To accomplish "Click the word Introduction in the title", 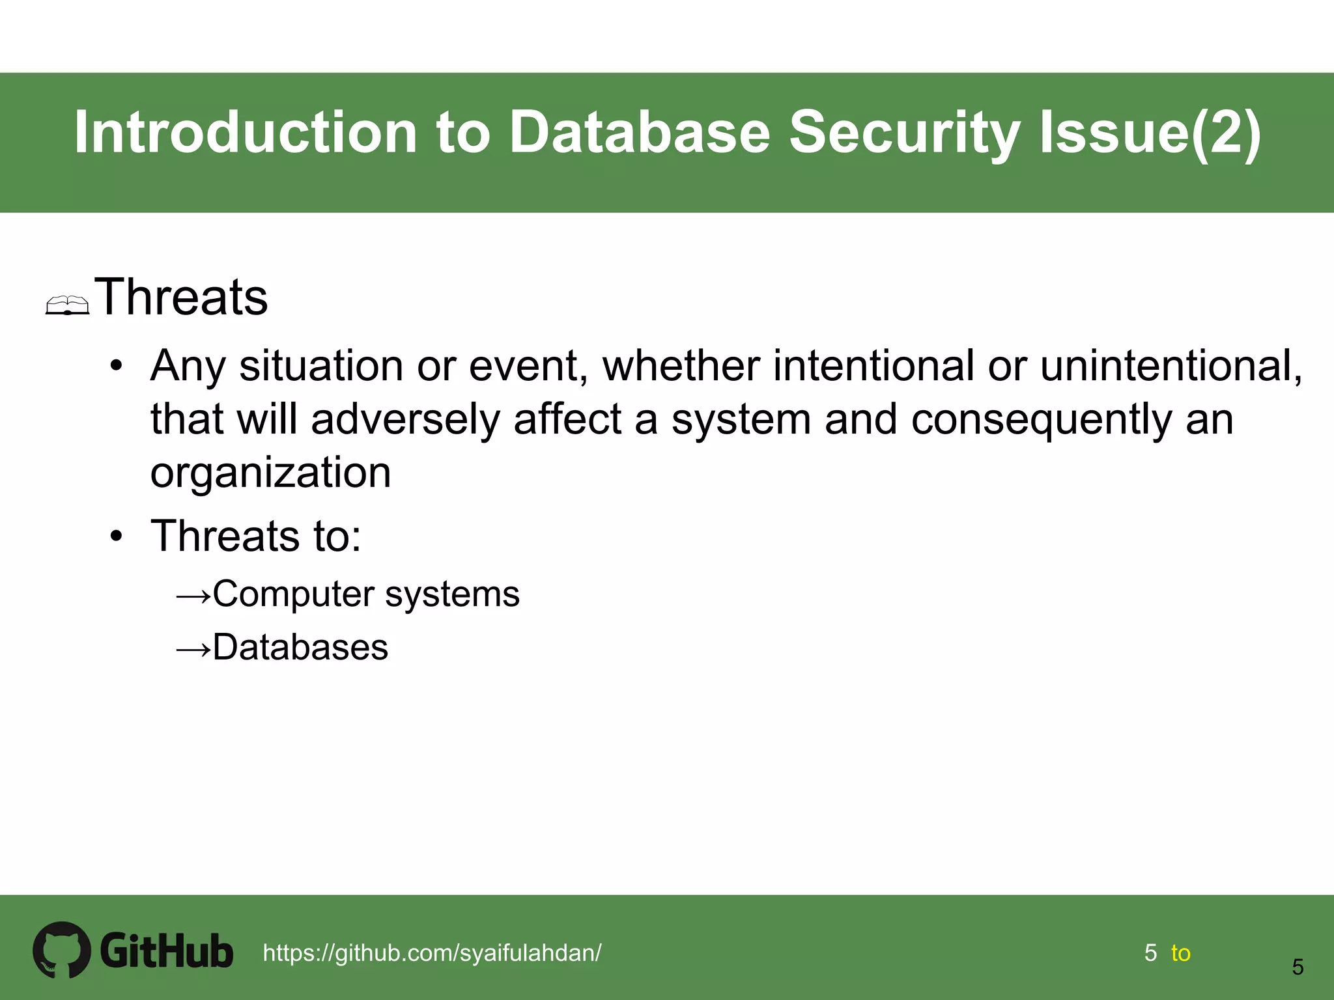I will [245, 132].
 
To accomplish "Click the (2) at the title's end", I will [1227, 132].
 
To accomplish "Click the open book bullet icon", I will [67, 305].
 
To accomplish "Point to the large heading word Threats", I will [182, 298].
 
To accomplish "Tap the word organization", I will [270, 472].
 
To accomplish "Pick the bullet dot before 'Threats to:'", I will [116, 536].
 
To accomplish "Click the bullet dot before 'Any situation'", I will [116, 366].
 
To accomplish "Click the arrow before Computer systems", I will [193, 595].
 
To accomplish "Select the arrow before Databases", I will [193, 648].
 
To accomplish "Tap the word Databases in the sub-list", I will [300, 647].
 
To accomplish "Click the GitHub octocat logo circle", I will [62, 949].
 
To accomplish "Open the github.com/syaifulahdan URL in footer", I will [432, 952].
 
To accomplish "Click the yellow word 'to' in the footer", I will [1180, 953].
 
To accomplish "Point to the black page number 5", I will [1298, 967].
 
